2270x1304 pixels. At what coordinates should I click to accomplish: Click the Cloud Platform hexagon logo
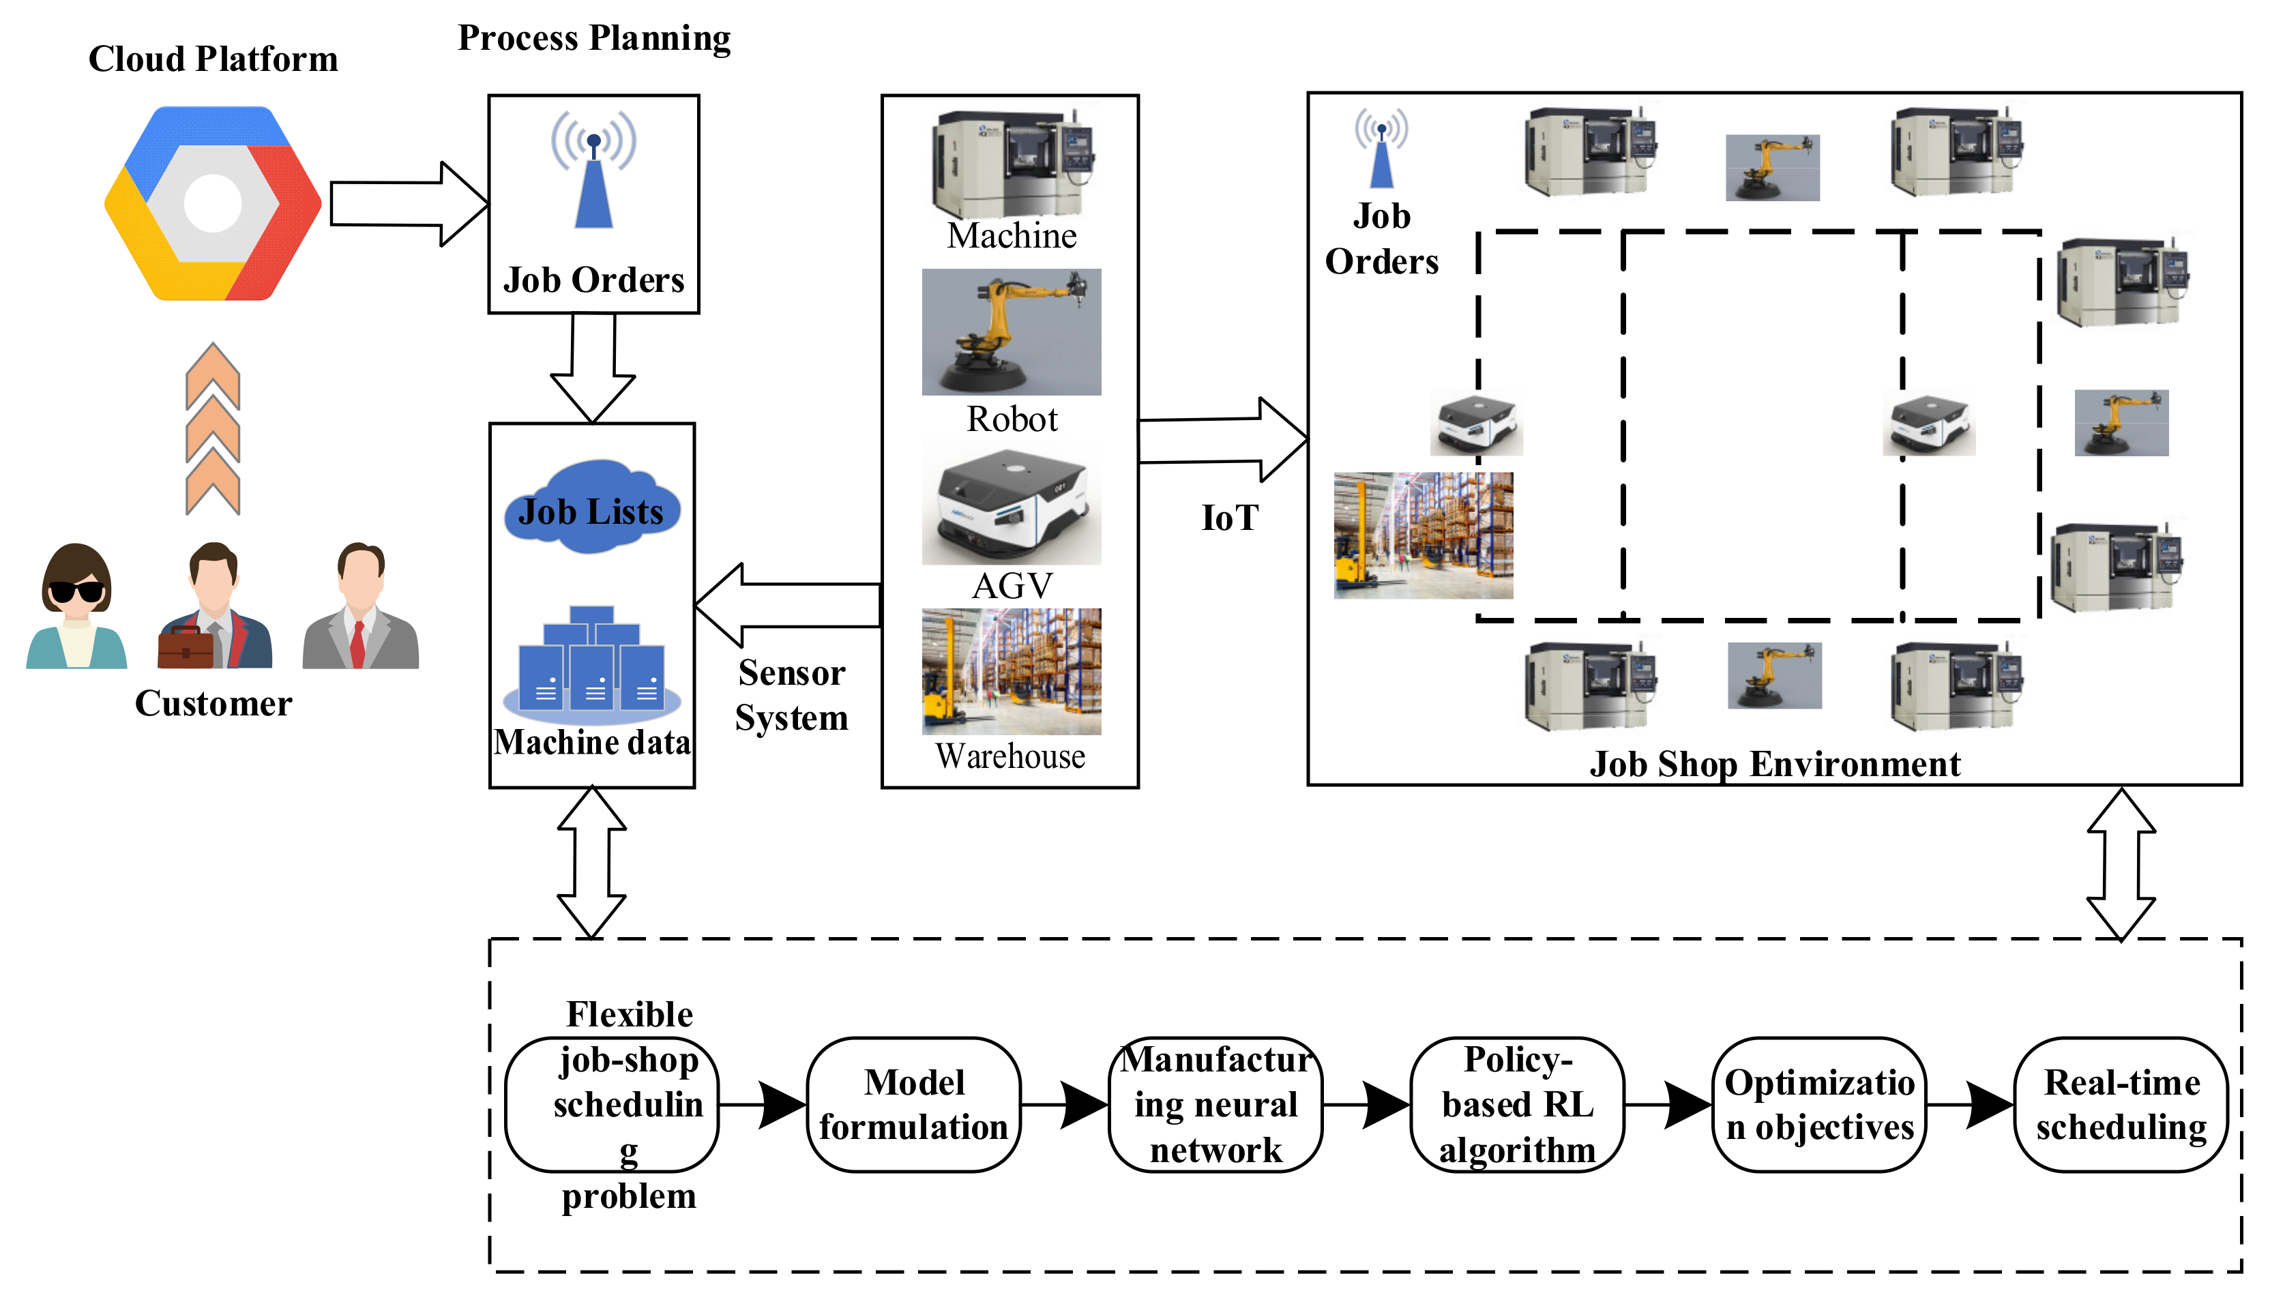[212, 203]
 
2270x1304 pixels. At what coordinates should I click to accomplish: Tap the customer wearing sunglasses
[76, 606]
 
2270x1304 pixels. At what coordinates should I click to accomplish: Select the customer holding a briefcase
[214, 607]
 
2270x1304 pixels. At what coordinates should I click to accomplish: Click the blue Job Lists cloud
[591, 508]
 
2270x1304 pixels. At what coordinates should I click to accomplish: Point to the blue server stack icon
[592, 663]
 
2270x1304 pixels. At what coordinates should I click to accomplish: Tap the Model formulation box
[913, 1104]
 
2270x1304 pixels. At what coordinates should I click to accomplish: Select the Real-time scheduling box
[2121, 1104]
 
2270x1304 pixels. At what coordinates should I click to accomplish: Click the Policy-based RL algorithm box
[1517, 1104]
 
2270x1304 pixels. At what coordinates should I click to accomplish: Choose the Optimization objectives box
[1818, 1104]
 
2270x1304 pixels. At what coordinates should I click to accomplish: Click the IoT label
[1230, 518]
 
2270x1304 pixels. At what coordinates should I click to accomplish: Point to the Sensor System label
[792, 695]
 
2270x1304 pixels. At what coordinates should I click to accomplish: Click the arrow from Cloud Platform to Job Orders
[407, 204]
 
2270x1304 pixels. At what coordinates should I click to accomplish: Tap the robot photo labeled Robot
[1011, 331]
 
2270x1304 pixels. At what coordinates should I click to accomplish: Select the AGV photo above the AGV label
[1011, 507]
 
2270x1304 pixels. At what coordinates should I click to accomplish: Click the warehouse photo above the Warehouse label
[1011, 672]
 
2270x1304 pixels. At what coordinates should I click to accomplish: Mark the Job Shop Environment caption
[1774, 764]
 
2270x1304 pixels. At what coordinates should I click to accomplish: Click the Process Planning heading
[593, 38]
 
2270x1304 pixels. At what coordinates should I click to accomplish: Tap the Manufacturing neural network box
[1215, 1104]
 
